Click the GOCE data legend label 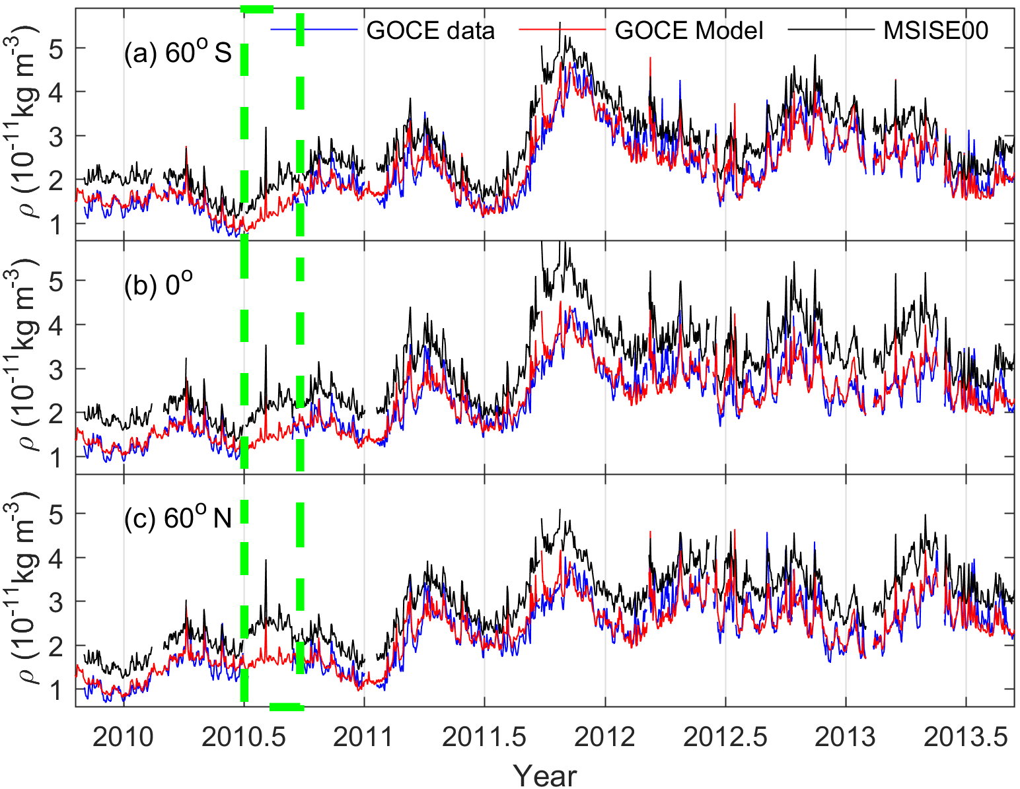click(x=430, y=30)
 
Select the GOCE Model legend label click(x=688, y=30)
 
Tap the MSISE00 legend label click(x=935, y=30)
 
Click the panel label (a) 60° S click(x=178, y=53)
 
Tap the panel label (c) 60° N click(x=178, y=518)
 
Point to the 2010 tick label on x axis click(x=124, y=737)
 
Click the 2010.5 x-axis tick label click(x=244, y=737)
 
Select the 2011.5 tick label click(x=484, y=737)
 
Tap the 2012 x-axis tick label click(x=604, y=737)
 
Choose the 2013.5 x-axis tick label click(x=966, y=737)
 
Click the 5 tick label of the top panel click(x=62, y=48)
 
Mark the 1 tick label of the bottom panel click(x=62, y=689)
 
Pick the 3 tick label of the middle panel click(x=62, y=368)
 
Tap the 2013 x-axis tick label click(x=846, y=737)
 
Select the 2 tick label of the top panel click(x=62, y=180)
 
